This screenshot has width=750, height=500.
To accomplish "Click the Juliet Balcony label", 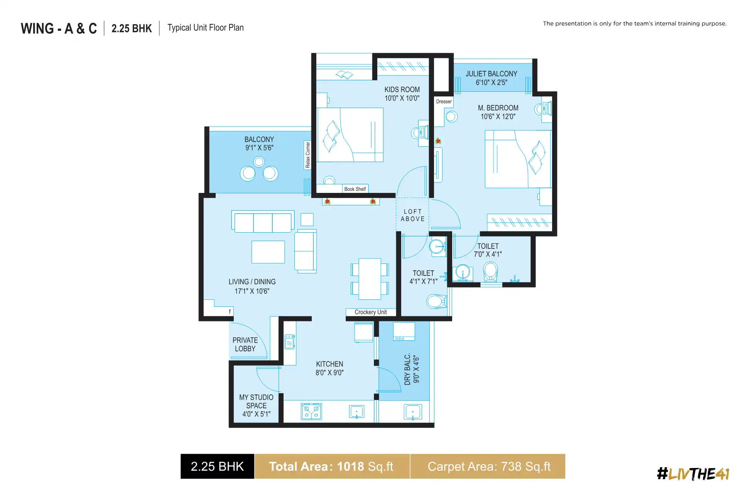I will coord(491,74).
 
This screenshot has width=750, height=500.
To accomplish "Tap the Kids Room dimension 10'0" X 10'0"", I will coord(402,98).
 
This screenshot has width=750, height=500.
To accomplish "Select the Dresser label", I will coord(444,101).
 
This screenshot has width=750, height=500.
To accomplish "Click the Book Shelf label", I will coord(355,189).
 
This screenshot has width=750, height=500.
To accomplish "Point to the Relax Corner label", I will coord(307,155).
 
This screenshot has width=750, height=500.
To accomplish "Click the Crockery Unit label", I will coord(370,312).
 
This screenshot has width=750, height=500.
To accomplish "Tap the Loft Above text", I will coord(412,215).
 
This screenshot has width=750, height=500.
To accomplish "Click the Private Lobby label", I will coord(245,345).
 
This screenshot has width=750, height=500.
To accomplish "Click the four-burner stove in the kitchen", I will coord(311,412).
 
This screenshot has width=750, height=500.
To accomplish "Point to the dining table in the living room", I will coord(370,279).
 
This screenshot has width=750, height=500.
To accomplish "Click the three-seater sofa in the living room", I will coord(263,222).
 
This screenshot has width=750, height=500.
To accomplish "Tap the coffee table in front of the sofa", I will coord(268,252).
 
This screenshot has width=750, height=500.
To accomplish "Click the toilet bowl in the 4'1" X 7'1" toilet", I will coord(436,301).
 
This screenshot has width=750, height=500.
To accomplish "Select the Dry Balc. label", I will coord(407,370).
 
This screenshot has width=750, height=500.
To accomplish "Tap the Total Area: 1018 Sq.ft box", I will coord(331,466).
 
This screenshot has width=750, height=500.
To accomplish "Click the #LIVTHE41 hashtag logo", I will coord(693,474).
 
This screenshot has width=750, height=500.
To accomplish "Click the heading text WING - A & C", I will coord(59,29).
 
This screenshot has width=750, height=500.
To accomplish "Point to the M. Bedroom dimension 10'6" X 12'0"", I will coord(498,117).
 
